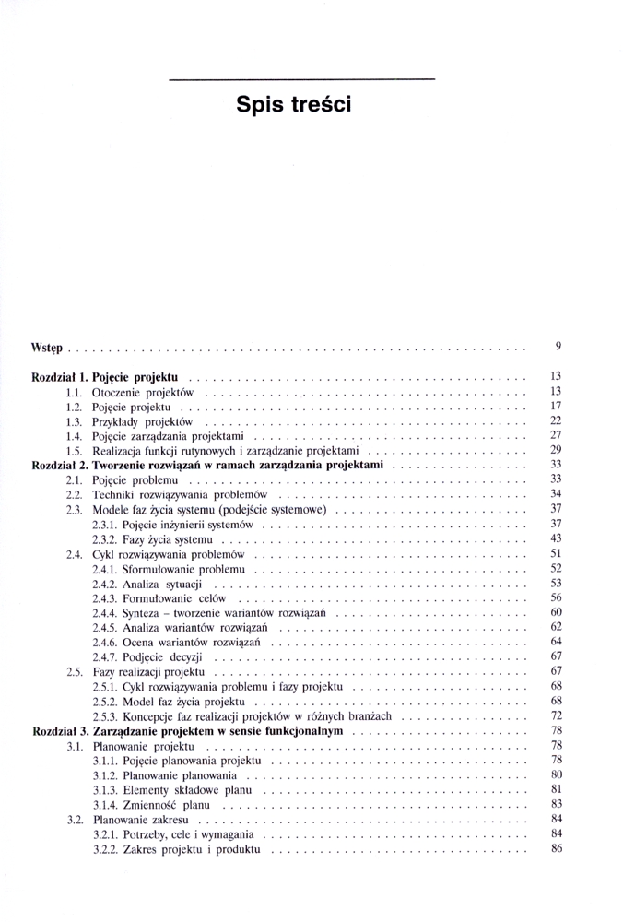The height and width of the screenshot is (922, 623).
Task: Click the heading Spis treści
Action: click(294, 104)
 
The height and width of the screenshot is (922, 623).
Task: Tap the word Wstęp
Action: click(46, 348)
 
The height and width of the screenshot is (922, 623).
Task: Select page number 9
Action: click(558, 347)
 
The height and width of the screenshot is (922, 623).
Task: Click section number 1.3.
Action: click(76, 420)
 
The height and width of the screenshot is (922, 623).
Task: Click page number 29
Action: click(556, 450)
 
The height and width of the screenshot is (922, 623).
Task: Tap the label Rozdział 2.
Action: click(59, 465)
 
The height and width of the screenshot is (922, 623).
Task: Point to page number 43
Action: click(556, 538)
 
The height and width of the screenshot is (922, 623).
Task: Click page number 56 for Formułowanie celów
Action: click(556, 598)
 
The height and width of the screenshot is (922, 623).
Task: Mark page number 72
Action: click(556, 715)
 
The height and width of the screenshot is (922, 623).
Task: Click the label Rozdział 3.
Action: click(59, 730)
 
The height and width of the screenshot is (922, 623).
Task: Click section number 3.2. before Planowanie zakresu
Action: click(76, 820)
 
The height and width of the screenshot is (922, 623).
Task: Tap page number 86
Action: click(556, 849)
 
